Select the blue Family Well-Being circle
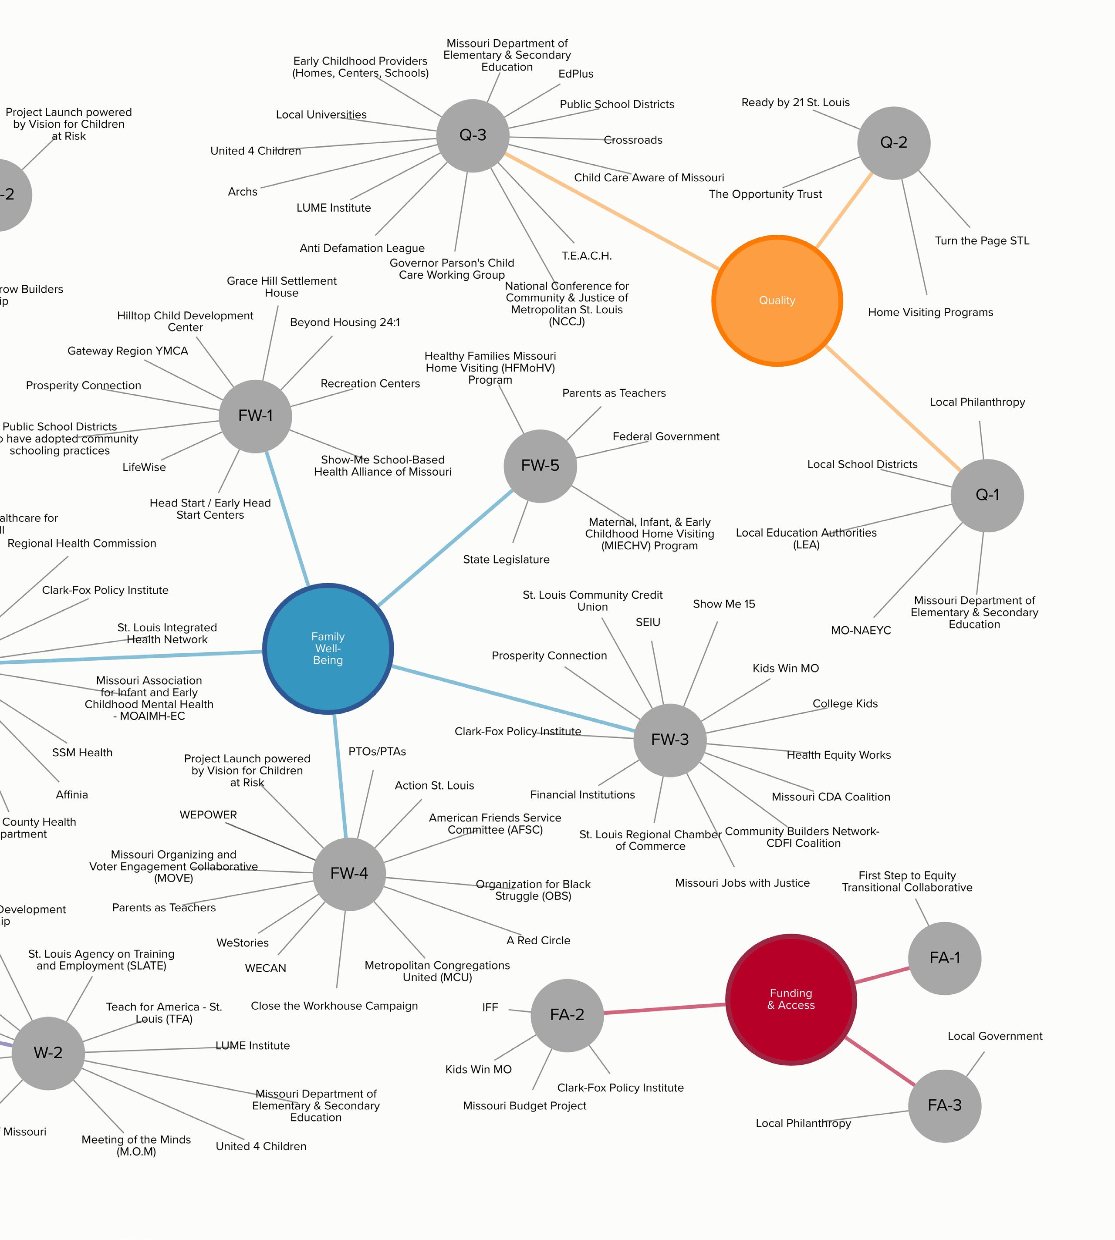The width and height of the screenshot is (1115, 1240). tap(328, 648)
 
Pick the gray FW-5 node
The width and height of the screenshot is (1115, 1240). tap(540, 466)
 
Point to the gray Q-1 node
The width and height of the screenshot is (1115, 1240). tap(987, 495)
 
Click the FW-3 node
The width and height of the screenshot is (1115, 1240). tap(669, 740)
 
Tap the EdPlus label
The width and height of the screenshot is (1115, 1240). tap(576, 74)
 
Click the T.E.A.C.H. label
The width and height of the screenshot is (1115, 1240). tap(586, 256)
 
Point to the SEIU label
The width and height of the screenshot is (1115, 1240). tap(648, 622)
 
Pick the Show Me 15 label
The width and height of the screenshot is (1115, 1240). tap(723, 604)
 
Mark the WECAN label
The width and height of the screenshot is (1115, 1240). tap(265, 968)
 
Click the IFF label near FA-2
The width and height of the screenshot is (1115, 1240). tap(490, 1007)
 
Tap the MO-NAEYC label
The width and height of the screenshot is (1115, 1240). tap(860, 630)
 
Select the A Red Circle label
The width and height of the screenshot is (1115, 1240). tap(538, 940)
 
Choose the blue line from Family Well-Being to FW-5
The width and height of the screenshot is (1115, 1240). tap(446, 548)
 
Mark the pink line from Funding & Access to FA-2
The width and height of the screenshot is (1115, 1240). tap(665, 1008)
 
